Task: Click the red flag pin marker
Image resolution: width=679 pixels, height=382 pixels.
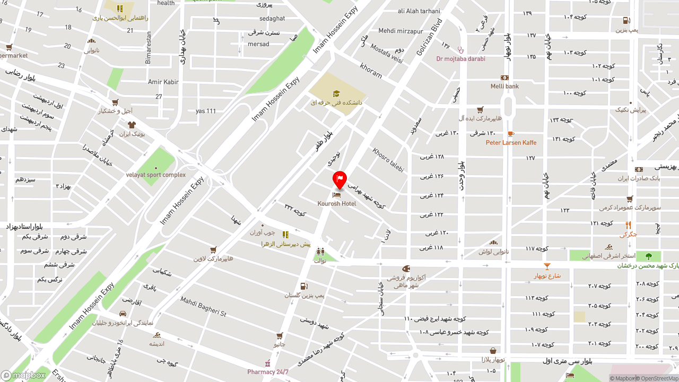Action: tap(339, 179)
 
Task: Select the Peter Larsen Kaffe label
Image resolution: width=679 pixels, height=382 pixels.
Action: tap(511, 143)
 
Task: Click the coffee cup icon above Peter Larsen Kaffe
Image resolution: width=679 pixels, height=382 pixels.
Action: tap(510, 134)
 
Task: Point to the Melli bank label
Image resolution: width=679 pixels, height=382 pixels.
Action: tap(504, 86)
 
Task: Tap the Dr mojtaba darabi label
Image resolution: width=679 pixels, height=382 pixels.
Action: tap(460, 59)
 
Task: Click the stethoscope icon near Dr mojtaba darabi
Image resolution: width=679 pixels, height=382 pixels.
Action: tap(460, 50)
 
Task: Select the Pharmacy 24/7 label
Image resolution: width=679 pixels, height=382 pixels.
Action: tap(268, 372)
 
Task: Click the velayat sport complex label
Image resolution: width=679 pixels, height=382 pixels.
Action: tap(156, 175)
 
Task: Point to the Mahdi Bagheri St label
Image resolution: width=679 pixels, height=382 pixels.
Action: tap(203, 307)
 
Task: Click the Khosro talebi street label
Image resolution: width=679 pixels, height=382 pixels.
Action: tap(388, 160)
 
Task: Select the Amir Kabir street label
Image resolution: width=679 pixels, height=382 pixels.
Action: tap(163, 82)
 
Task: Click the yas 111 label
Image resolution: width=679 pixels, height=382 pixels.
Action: tap(206, 111)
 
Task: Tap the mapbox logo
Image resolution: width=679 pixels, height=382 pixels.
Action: tap(23, 375)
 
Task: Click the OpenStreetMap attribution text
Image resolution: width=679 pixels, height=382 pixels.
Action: tap(659, 378)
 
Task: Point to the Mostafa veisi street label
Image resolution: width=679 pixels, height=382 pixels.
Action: tap(387, 54)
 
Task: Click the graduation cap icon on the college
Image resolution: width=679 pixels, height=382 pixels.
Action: tap(336, 94)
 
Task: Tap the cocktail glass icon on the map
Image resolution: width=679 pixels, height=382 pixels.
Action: tap(547, 266)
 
